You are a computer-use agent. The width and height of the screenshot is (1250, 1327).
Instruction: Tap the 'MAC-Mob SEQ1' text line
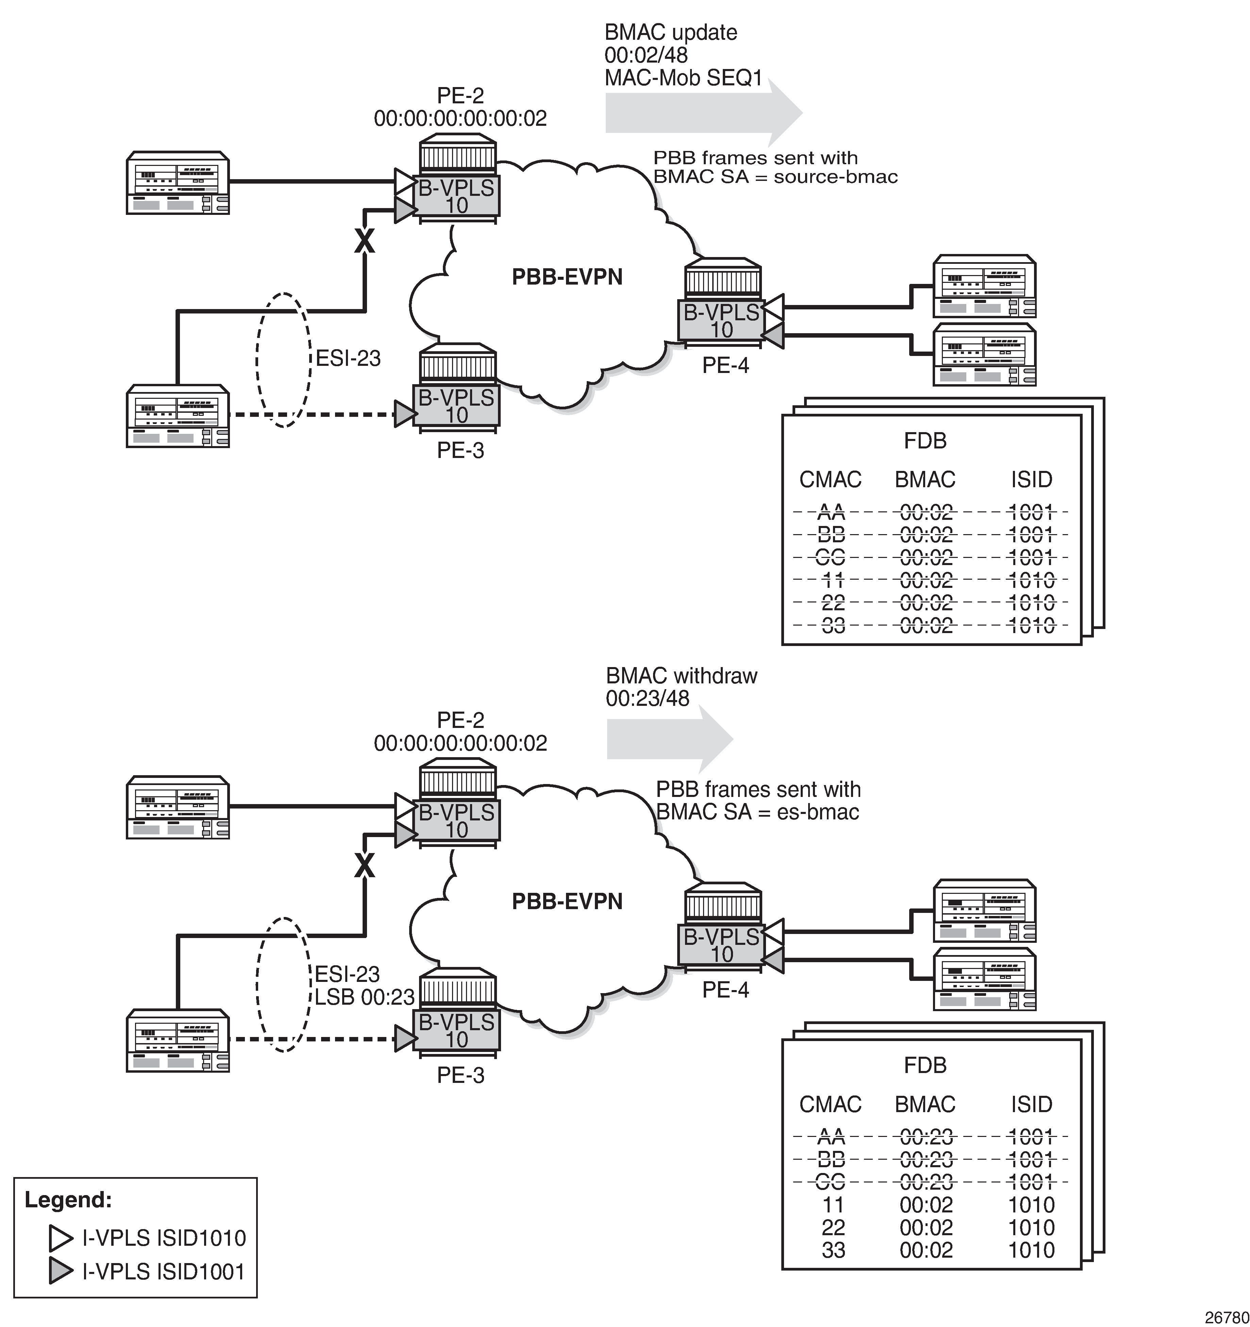click(x=683, y=78)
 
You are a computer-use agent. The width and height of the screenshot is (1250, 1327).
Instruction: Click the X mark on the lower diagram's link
click(x=364, y=866)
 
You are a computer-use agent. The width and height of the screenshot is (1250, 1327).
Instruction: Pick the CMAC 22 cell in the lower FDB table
click(x=833, y=1227)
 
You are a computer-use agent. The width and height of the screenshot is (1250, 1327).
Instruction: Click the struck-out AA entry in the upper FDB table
click(x=831, y=513)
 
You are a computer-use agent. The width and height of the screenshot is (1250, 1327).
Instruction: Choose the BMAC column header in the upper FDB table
click(x=925, y=479)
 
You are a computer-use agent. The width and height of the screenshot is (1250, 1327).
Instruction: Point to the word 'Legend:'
click(x=68, y=1200)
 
